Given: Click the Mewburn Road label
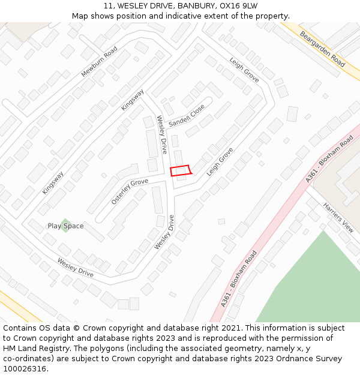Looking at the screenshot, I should pyautogui.click(x=100, y=61).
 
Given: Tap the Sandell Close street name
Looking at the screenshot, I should pyautogui.click(x=187, y=115).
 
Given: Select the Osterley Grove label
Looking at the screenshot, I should pyautogui.click(x=130, y=191).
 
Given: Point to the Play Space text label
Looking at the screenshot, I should pyautogui.click(x=66, y=226).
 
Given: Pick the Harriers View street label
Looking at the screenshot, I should pyautogui.click(x=338, y=217).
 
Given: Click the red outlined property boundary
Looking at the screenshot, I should pyautogui.click(x=180, y=171).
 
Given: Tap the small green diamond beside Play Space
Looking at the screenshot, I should pyautogui.click(x=65, y=226).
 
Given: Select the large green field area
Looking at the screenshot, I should pyautogui.click(x=312, y=282).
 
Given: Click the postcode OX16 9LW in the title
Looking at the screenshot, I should pyautogui.click(x=239, y=6).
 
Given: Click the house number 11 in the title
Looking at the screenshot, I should pyautogui.click(x=108, y=6).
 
